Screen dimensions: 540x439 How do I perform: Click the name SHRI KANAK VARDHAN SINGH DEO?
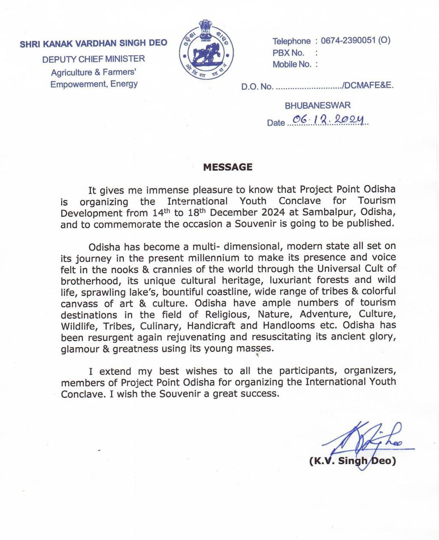tap(93, 43)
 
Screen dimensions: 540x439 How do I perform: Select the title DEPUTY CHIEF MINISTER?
tap(93, 59)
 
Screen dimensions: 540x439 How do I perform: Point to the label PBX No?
tap(288, 53)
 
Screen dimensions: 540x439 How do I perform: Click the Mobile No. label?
tap(292, 64)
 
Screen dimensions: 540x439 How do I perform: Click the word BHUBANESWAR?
tap(318, 105)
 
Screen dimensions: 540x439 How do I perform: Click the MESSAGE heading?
tap(228, 167)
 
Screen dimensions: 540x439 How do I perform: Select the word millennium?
tap(215, 258)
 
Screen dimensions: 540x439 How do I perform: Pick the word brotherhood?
tap(89, 281)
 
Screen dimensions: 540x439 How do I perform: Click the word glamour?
tap(80, 349)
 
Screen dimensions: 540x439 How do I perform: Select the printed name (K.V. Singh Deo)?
tap(352, 461)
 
